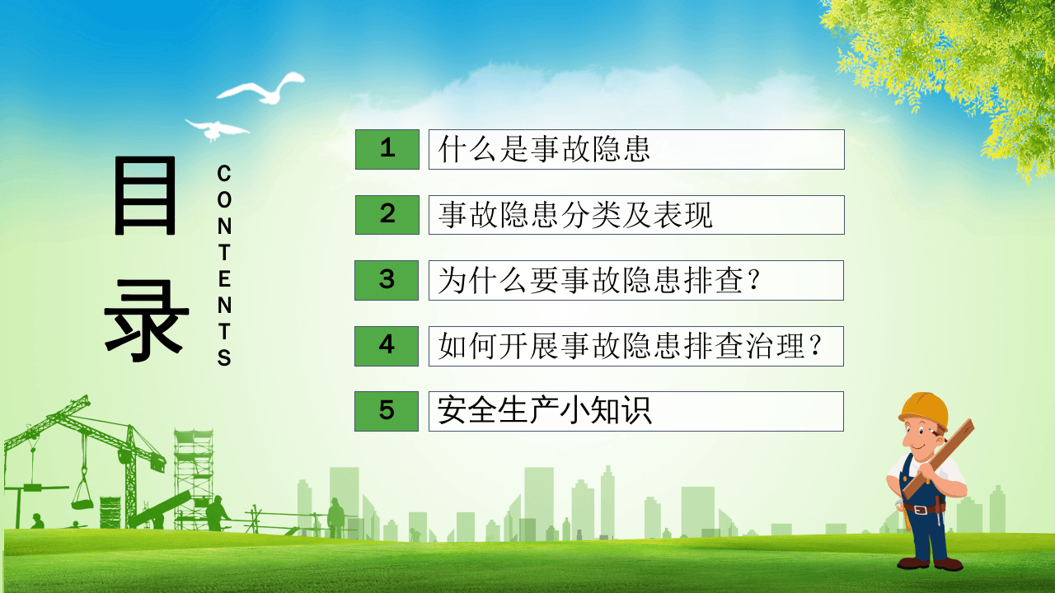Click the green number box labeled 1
(387, 149)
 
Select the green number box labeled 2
(387, 214)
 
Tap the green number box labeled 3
(387, 280)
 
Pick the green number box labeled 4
(387, 345)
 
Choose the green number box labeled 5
(387, 411)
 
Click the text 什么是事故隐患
(545, 150)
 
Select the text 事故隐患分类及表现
(575, 215)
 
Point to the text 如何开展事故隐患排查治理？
(631, 346)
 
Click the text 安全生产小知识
(545, 411)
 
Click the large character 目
(145, 196)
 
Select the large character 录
(146, 321)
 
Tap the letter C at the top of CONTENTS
(224, 174)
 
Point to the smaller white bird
(216, 128)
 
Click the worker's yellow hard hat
(924, 408)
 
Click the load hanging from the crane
(82, 497)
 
